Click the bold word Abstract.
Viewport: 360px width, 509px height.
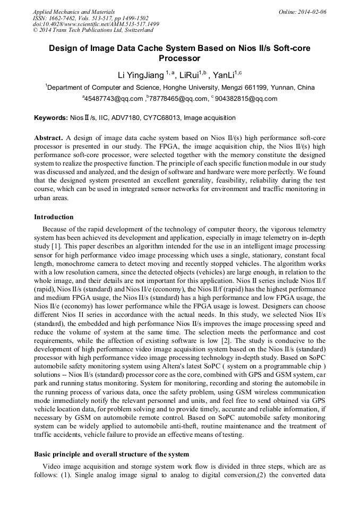[x=49, y=137]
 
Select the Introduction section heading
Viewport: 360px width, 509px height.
[x=54, y=217]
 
